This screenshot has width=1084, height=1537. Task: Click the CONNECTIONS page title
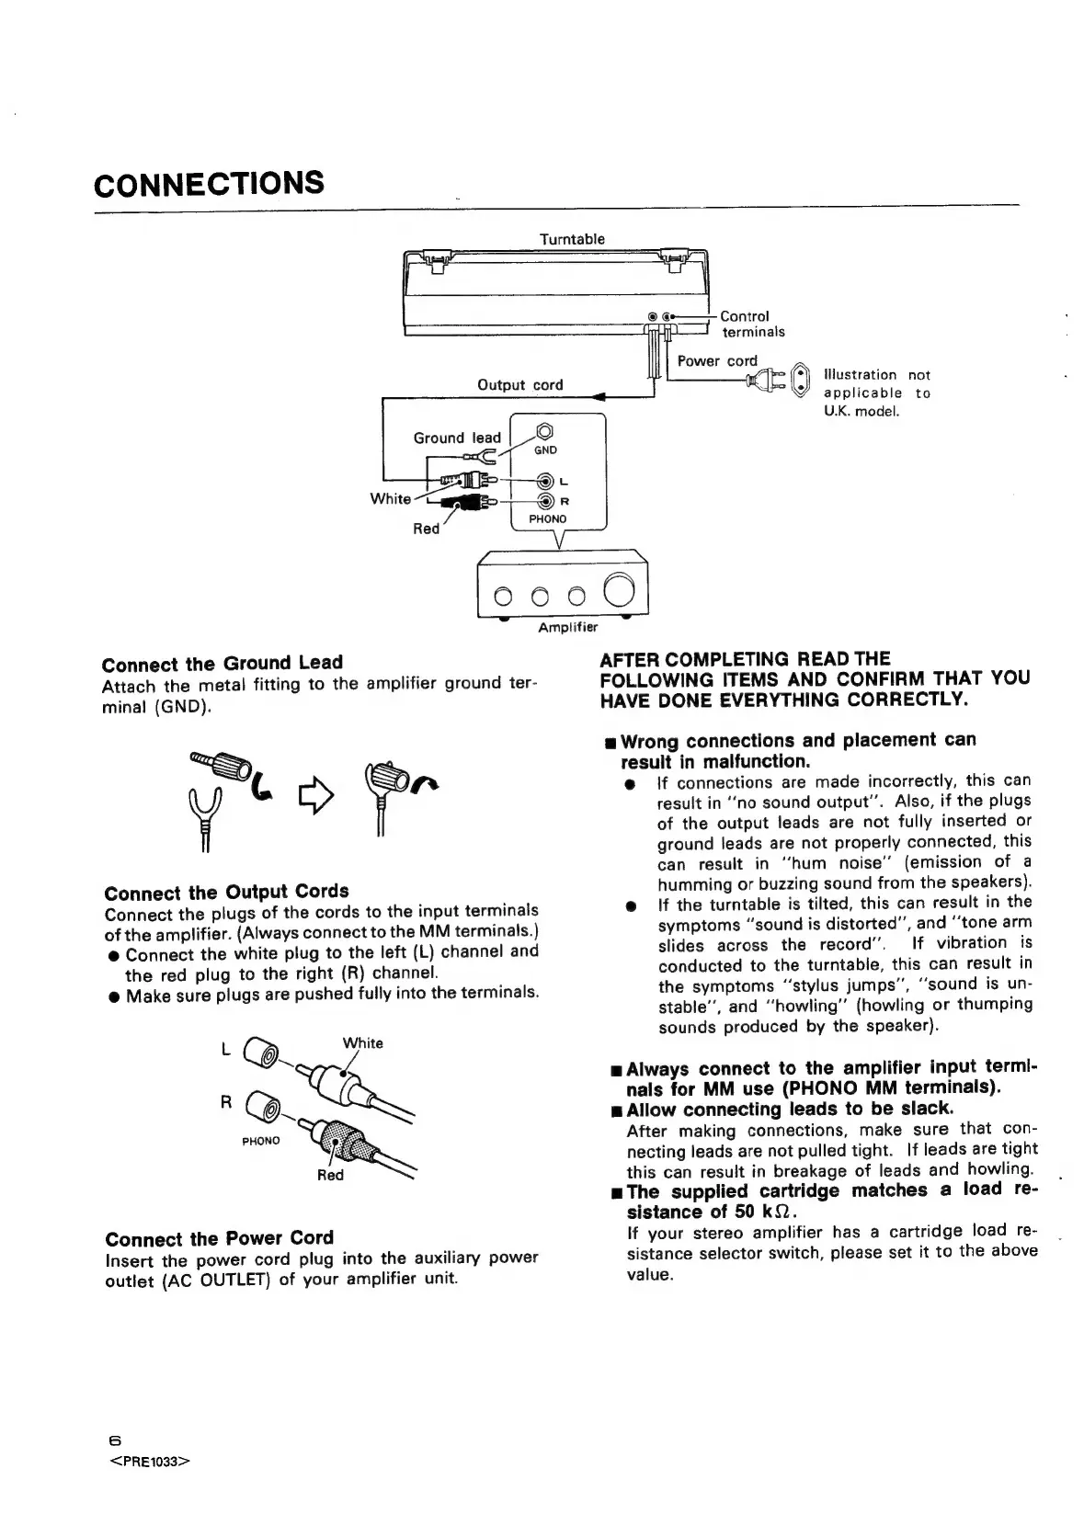[209, 184]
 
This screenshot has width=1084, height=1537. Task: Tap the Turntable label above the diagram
[571, 239]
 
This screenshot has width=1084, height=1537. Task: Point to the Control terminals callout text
[752, 324]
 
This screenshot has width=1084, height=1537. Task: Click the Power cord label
[717, 360]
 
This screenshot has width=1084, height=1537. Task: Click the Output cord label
[519, 384]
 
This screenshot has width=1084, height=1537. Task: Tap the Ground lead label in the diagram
[457, 438]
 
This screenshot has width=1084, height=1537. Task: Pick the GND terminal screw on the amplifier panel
[544, 430]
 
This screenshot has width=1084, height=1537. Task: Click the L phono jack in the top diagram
[546, 481]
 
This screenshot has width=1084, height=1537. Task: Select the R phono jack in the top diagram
[546, 501]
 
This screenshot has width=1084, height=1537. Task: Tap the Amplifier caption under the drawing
[567, 627]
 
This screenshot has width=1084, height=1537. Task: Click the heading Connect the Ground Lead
[222, 663]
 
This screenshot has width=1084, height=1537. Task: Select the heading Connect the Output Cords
[226, 892]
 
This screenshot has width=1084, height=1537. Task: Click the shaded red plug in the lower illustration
[337, 1140]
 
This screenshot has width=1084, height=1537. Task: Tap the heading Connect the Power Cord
[219, 1237]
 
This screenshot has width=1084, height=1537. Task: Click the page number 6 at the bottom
[114, 1440]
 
